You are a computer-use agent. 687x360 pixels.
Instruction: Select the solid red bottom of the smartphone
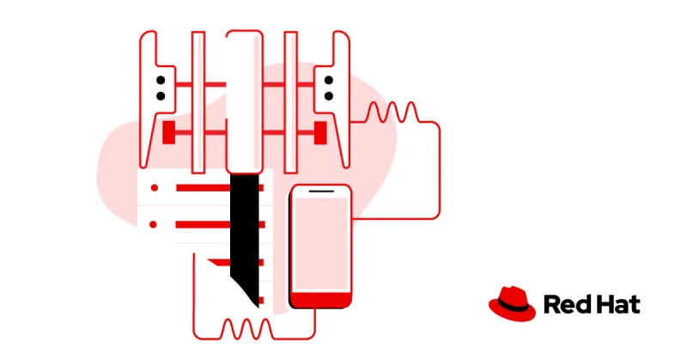(x=320, y=300)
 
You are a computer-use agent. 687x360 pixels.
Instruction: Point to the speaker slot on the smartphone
(x=320, y=191)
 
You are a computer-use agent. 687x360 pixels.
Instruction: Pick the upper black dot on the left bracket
(x=160, y=81)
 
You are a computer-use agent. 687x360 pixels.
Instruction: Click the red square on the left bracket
(x=169, y=131)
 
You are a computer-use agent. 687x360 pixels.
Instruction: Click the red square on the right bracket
(x=320, y=131)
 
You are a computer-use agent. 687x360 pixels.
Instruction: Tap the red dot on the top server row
(x=154, y=187)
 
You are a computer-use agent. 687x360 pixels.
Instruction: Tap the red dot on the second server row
(x=154, y=224)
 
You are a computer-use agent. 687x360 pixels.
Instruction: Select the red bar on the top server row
(x=203, y=187)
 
